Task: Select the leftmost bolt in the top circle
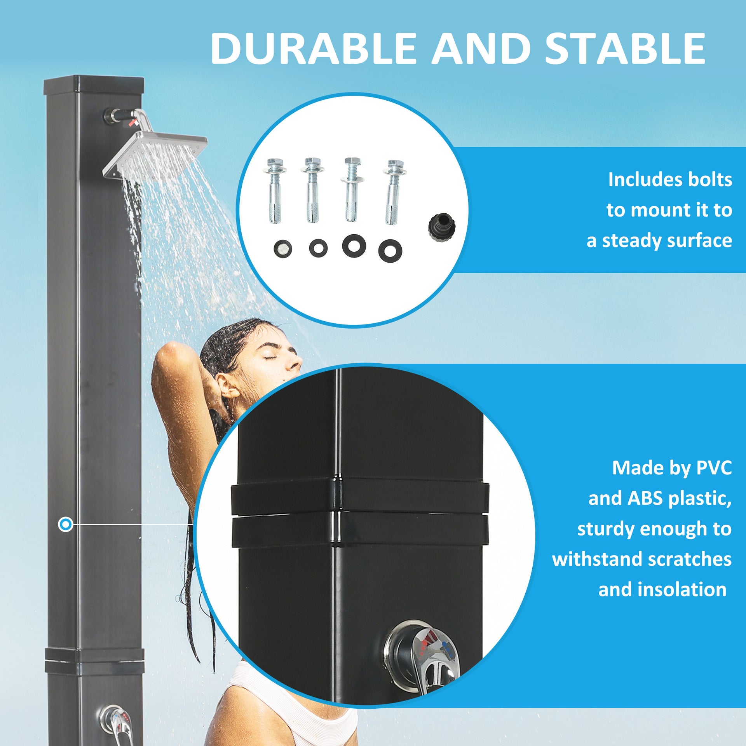275,190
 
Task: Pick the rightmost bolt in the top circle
394,192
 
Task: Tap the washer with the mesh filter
282,248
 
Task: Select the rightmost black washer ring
390,251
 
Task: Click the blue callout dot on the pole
66,525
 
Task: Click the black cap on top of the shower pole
94,85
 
